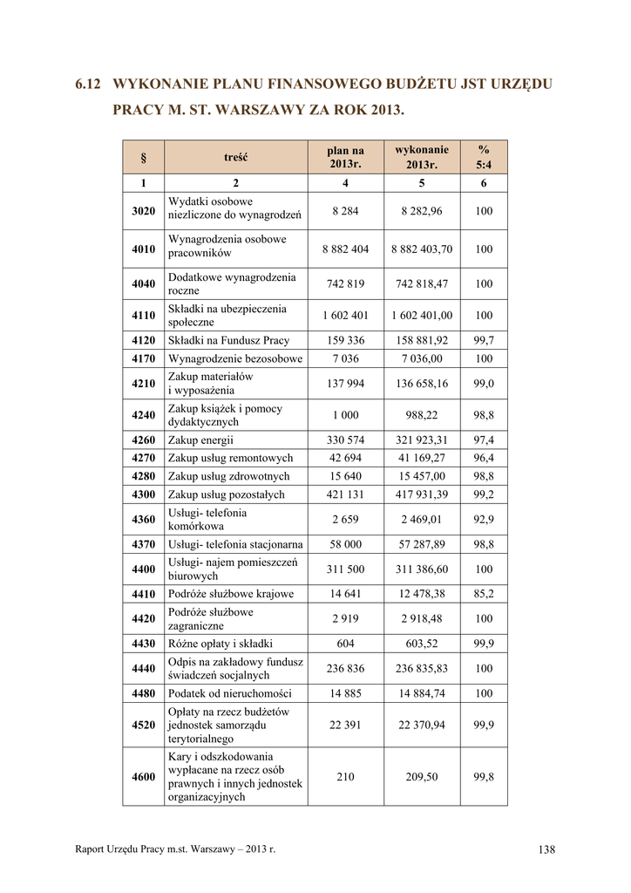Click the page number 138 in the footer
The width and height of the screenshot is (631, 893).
tap(546, 849)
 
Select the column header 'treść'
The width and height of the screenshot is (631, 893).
tap(235, 157)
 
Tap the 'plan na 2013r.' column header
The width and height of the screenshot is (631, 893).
tap(345, 157)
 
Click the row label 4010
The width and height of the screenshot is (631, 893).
tap(143, 249)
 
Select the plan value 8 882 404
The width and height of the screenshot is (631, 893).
tap(345, 249)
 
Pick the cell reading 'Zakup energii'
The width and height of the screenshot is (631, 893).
tap(200, 440)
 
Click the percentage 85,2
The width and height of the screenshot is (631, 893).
tap(484, 594)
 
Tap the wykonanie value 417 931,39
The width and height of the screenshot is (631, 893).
tap(424, 494)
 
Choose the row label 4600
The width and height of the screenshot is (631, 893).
tap(143, 777)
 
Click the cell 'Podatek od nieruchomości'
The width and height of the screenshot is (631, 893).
tap(231, 693)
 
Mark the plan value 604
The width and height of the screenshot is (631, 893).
tap(345, 644)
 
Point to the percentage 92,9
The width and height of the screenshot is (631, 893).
tap(484, 520)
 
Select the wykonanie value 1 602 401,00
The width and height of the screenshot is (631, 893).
tap(424, 315)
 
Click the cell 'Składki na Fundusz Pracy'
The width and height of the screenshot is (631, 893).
tap(228, 340)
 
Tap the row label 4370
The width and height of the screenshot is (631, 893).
tap(143, 544)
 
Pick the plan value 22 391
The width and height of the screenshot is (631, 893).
tap(345, 725)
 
